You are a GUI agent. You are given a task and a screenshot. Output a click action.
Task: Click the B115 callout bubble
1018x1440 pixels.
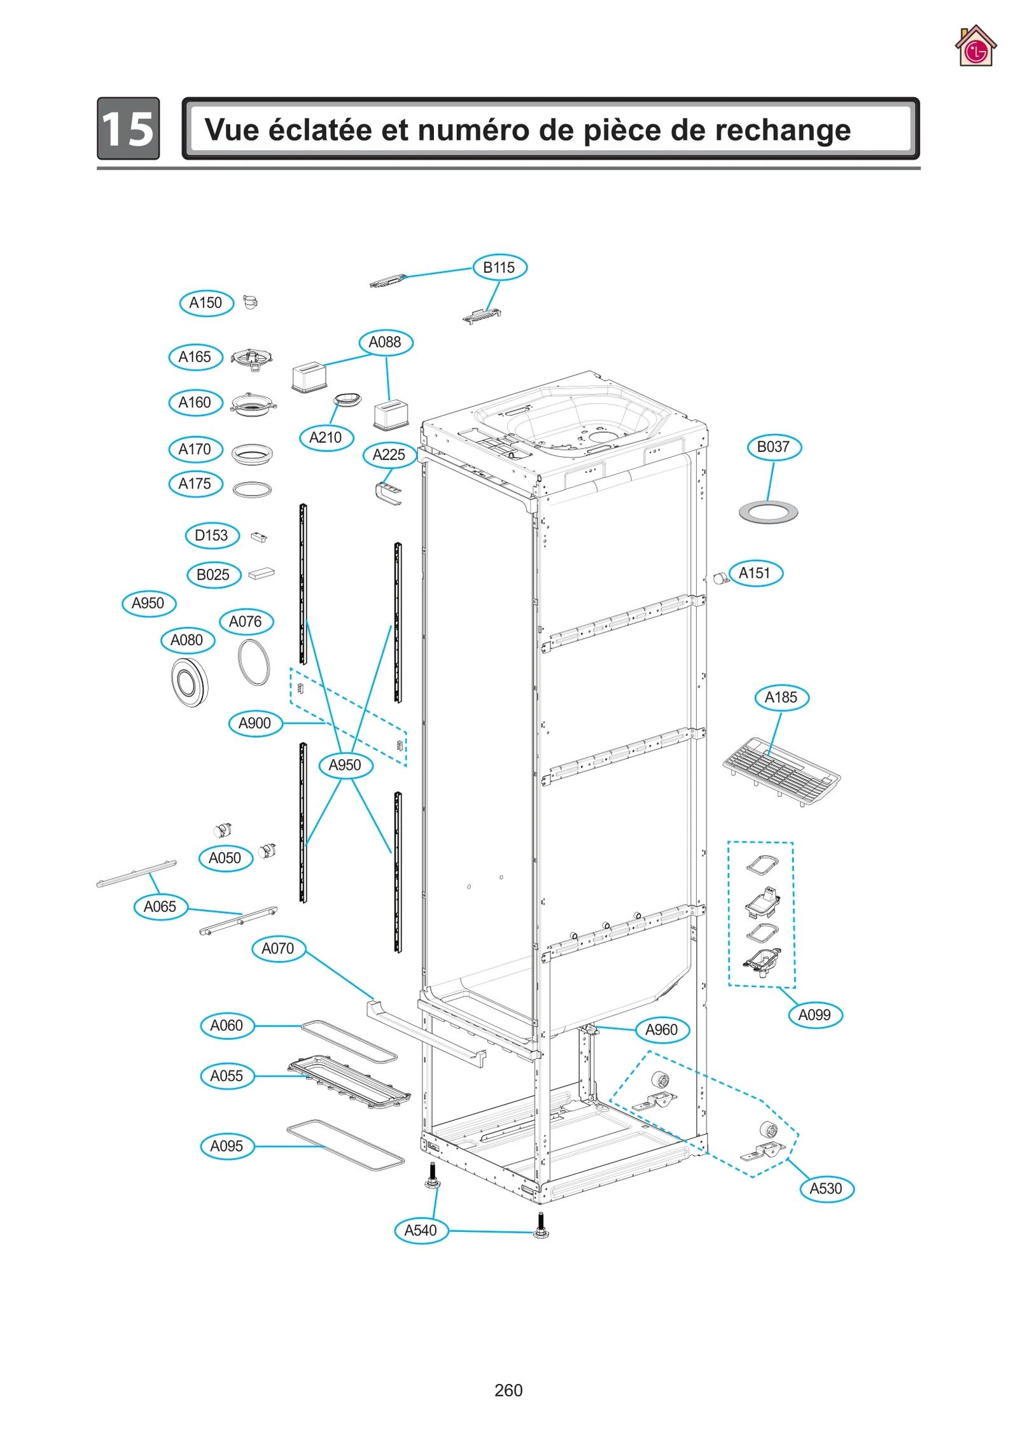[x=499, y=267]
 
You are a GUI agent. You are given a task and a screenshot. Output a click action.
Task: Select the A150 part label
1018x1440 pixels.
[x=206, y=303]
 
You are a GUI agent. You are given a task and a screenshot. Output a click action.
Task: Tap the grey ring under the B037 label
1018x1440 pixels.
[x=768, y=512]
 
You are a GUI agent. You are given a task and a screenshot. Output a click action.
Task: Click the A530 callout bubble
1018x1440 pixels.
[x=826, y=1188]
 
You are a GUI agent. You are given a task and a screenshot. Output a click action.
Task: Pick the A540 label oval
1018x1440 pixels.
[x=421, y=1230]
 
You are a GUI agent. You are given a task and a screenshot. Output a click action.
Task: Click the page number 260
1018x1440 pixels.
[x=508, y=1390]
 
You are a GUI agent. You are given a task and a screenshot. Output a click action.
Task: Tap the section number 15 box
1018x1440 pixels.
[x=129, y=129]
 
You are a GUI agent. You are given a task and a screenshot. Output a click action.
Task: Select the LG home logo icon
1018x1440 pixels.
[x=975, y=46]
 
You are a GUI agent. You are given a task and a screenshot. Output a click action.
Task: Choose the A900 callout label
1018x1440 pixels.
[x=255, y=723]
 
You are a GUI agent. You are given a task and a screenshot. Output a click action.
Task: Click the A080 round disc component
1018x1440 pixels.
[x=190, y=683]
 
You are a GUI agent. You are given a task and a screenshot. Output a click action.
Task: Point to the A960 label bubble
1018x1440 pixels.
[x=662, y=1029]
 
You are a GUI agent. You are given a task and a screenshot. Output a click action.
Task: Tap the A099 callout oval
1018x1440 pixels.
[x=815, y=1014]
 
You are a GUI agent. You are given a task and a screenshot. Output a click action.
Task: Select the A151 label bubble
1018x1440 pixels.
[x=755, y=573]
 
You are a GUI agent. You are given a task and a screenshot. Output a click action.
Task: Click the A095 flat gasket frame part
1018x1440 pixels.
[x=345, y=1145]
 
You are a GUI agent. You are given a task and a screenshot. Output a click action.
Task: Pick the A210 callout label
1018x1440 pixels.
[x=326, y=437]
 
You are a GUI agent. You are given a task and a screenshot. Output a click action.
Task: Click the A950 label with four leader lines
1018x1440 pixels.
[x=345, y=765]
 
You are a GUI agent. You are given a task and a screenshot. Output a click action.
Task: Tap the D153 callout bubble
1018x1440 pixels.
[x=212, y=535]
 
